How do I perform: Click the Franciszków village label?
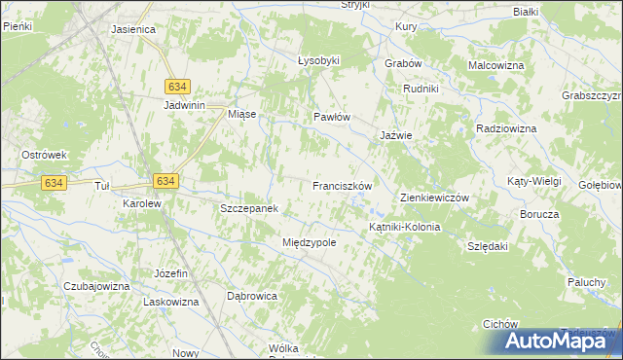point(343,185)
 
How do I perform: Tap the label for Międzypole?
point(309,242)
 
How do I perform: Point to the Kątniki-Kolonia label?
point(404,227)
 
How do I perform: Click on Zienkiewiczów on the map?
point(435,198)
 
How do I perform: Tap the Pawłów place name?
point(331,117)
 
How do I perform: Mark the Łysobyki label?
point(318,60)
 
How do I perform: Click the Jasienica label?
point(134,29)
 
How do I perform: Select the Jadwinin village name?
point(189,105)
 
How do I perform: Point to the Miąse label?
point(241,114)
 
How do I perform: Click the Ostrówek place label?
point(44,155)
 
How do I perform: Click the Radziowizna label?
point(507,128)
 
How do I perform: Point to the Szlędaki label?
point(489,246)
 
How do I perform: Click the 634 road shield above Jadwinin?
point(176,86)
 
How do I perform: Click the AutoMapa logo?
point(562,341)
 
